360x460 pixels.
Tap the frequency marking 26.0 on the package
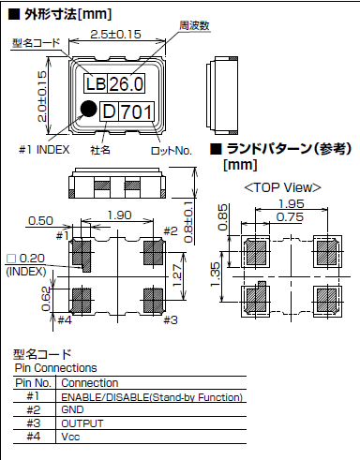(x=125, y=84)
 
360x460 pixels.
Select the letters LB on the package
(x=95, y=84)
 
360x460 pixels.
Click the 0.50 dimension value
(x=40, y=220)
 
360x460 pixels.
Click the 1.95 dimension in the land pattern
(x=292, y=203)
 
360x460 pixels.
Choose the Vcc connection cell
(x=70, y=437)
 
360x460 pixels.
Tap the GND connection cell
(x=72, y=410)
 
